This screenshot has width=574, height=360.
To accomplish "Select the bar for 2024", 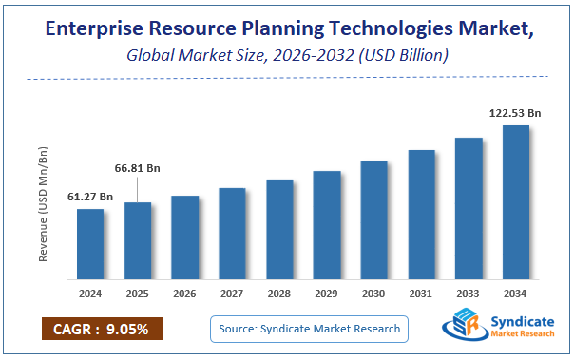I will [x=90, y=244].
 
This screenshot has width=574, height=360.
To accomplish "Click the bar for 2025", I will [x=138, y=241].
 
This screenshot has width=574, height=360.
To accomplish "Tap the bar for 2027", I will [x=233, y=234].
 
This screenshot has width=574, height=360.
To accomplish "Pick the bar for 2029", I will [x=327, y=225].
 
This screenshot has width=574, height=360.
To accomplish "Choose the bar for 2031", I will [x=422, y=215].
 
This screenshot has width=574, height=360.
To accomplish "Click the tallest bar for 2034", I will [x=516, y=202].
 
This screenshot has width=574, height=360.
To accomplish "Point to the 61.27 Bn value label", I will [x=90, y=197].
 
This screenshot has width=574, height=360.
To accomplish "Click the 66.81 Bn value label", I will [x=138, y=168].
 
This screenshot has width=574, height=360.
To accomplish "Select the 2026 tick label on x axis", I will [x=185, y=294].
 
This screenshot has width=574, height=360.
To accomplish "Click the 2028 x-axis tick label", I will [x=279, y=294].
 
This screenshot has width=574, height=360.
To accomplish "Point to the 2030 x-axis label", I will [x=374, y=294].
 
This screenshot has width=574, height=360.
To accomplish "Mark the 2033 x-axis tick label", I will [x=469, y=294].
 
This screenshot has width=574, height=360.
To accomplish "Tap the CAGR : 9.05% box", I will [x=102, y=329].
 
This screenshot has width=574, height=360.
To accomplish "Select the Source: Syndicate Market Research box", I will [x=309, y=329].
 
